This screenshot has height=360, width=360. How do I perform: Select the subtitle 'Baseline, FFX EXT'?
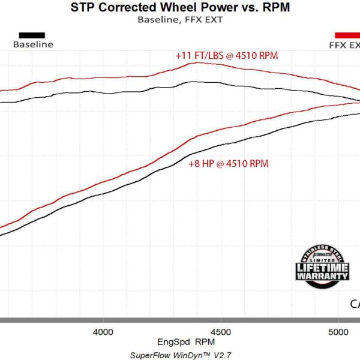180,19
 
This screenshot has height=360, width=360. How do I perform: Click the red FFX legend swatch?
347,35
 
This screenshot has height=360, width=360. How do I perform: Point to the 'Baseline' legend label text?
33,44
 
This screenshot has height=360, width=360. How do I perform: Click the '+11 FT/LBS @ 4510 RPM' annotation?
227,55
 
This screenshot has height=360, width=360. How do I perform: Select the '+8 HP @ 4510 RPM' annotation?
228,163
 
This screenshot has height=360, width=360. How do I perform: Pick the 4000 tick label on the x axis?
103,332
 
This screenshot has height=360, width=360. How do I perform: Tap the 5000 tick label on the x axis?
339,332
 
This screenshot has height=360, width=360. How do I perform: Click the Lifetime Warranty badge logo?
322,267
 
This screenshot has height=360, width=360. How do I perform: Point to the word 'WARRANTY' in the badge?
322,275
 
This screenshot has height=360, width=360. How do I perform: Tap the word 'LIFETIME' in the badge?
322,266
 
